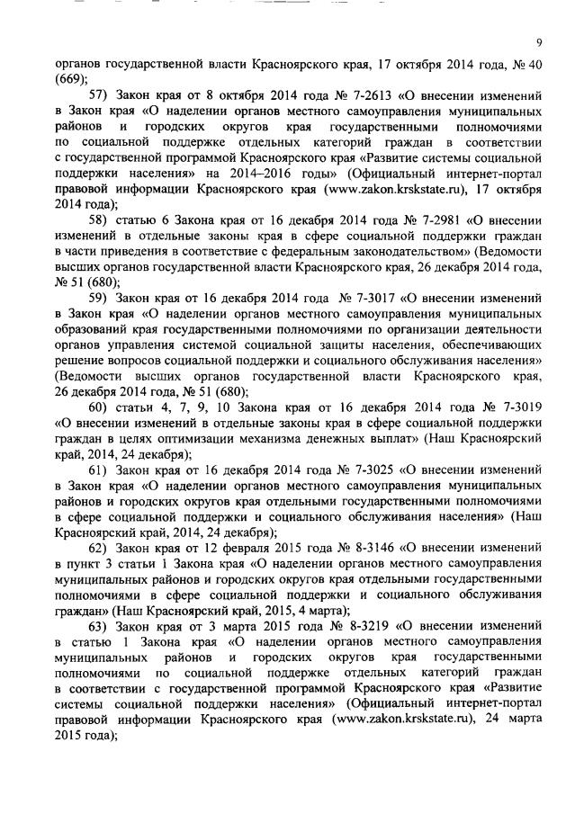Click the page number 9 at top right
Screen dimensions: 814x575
pos(537,41)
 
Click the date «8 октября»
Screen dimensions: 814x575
pos(211,94)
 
